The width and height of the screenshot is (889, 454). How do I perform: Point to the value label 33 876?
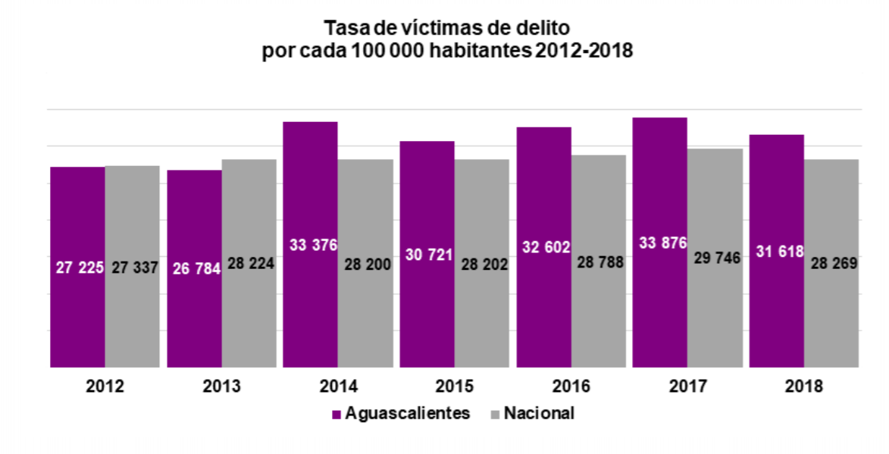(x=659, y=243)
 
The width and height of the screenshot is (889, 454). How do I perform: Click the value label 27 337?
(x=133, y=267)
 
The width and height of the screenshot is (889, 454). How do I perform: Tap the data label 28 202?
(x=483, y=265)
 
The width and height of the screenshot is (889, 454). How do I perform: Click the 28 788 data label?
(x=599, y=262)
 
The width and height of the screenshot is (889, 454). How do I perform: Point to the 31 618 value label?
(x=775, y=251)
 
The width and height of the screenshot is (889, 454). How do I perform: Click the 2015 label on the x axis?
(x=455, y=387)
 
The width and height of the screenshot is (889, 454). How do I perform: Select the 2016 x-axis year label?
(x=571, y=387)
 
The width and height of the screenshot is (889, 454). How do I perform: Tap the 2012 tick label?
(x=105, y=387)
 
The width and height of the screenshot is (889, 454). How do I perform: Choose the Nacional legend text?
(x=539, y=413)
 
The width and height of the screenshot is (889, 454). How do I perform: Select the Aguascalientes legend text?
(x=407, y=413)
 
